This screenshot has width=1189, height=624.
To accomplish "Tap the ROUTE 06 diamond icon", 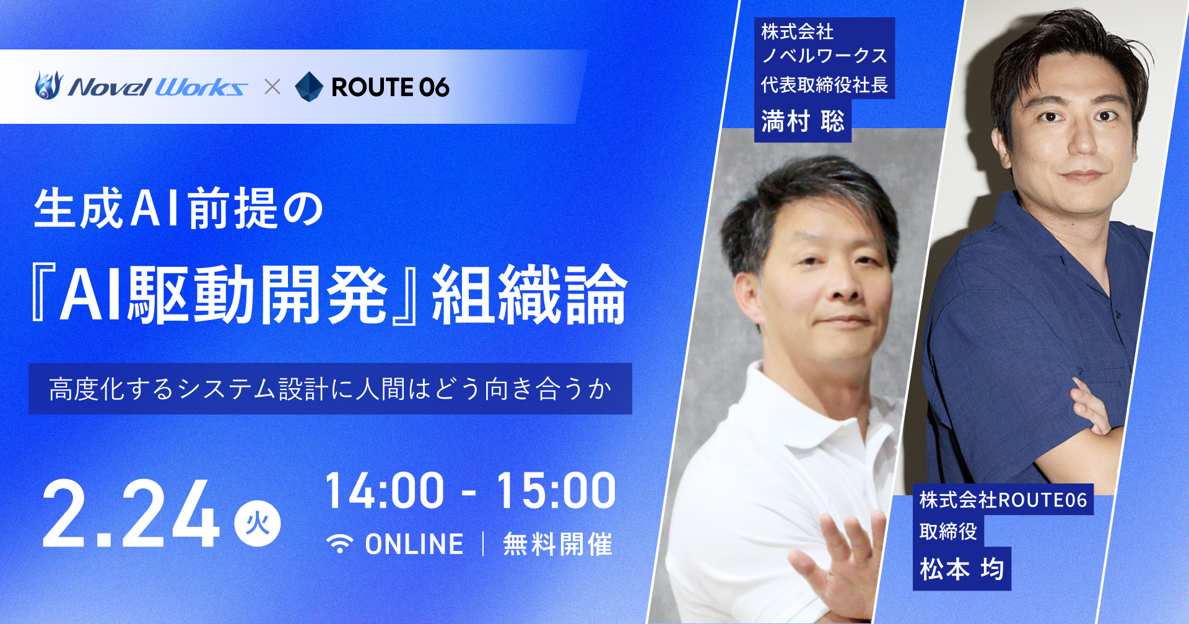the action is pyautogui.click(x=309, y=87).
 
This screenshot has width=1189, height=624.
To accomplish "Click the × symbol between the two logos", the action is pyautogui.click(x=272, y=87).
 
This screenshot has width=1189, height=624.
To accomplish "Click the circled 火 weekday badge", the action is pyautogui.click(x=257, y=524).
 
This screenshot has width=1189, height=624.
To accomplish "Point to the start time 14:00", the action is pyautogui.click(x=385, y=491).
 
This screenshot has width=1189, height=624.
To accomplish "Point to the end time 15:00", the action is pyautogui.click(x=556, y=491).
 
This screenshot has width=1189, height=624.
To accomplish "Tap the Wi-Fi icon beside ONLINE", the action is pyautogui.click(x=340, y=544).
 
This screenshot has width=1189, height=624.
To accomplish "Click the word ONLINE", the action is pyautogui.click(x=414, y=544).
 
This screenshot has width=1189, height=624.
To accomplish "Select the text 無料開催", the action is pyautogui.click(x=557, y=544).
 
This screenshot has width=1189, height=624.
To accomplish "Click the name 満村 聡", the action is pyautogui.click(x=803, y=121).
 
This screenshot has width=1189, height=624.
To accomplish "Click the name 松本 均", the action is pyautogui.click(x=961, y=568).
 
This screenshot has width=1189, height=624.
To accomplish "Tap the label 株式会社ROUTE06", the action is pyautogui.click(x=1003, y=500).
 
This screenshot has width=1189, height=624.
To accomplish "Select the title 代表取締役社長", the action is pyautogui.click(x=824, y=85).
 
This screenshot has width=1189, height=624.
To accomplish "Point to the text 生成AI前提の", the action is pyautogui.click(x=179, y=209).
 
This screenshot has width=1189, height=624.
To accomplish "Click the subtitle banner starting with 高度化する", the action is pyautogui.click(x=330, y=389).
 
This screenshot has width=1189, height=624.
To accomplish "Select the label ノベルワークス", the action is pyautogui.click(x=824, y=56).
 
